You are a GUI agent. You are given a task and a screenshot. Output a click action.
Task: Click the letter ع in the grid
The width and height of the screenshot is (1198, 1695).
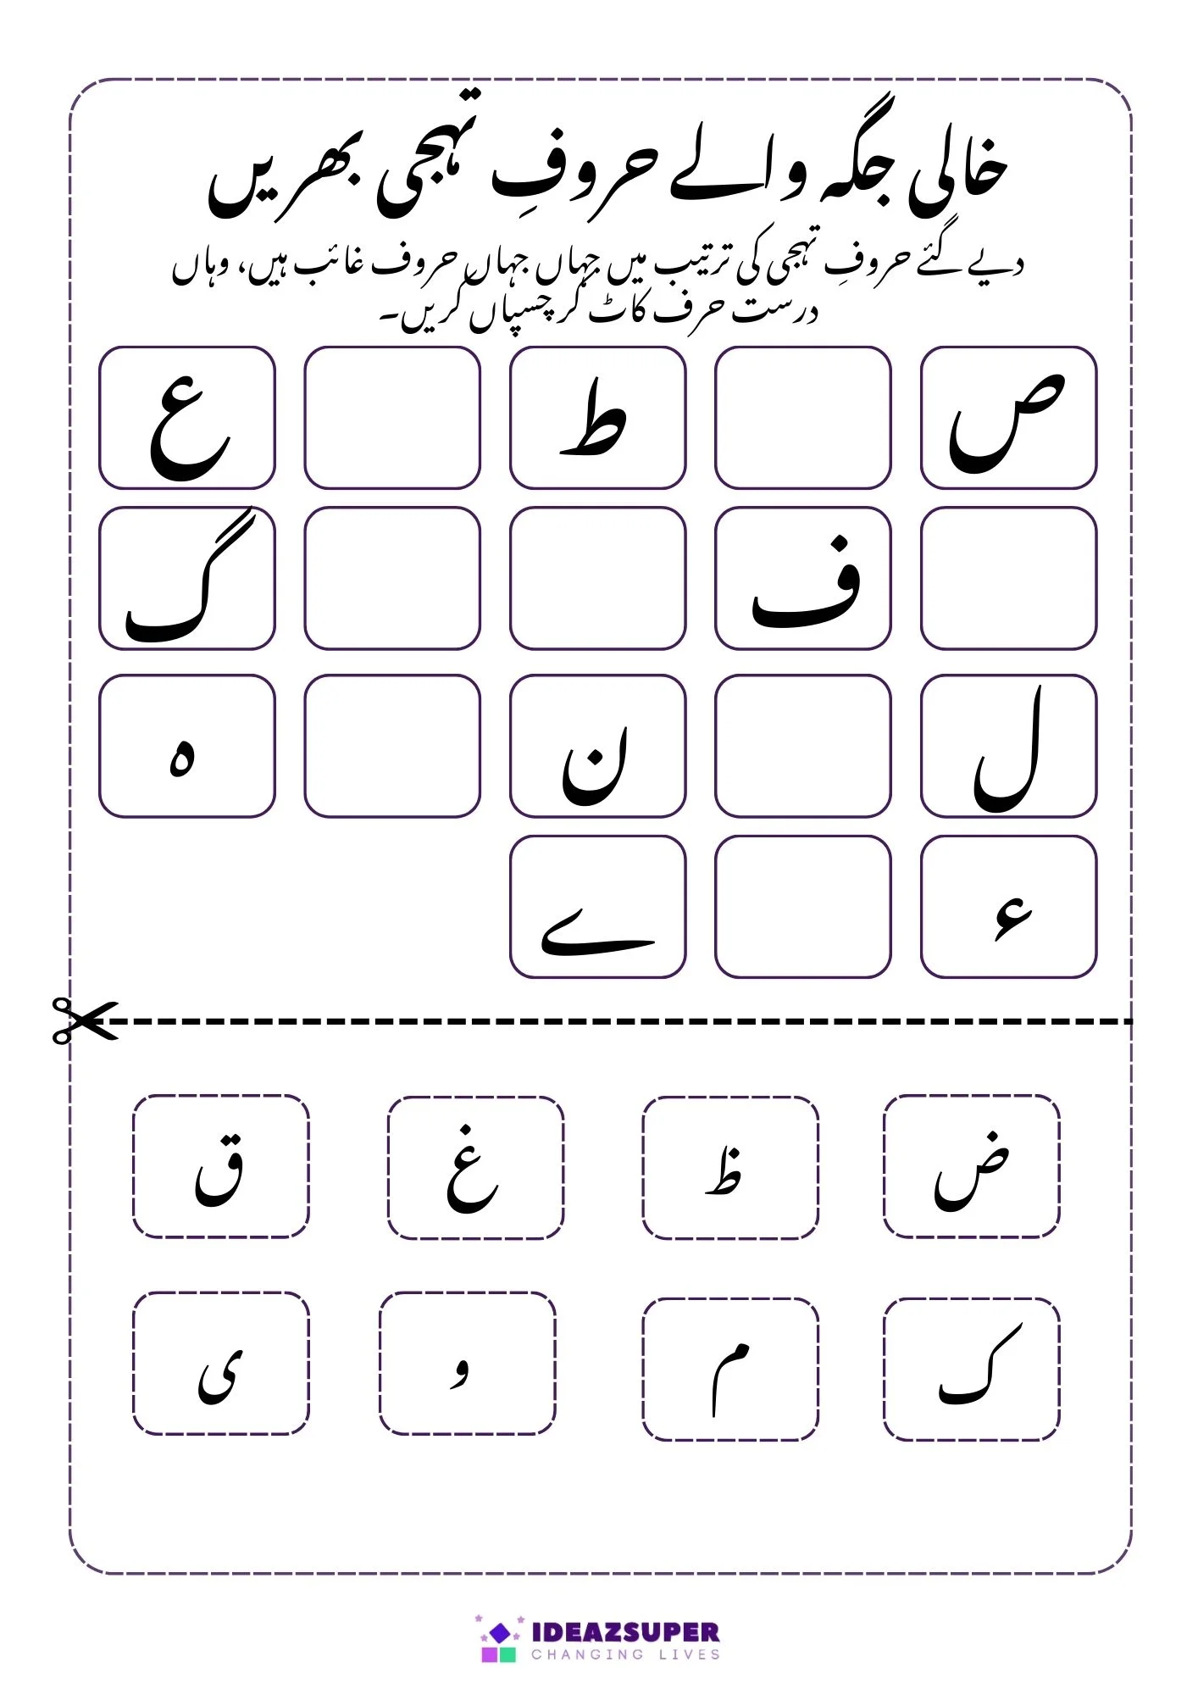188,421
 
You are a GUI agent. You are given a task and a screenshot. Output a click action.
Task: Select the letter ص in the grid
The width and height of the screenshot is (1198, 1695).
1007,421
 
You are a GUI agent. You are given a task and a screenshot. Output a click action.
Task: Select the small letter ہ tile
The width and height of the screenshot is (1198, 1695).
182,757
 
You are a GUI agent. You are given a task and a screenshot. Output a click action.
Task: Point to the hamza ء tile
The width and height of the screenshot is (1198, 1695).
1013,919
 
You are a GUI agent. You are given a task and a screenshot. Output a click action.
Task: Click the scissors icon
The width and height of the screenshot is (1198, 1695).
83,1020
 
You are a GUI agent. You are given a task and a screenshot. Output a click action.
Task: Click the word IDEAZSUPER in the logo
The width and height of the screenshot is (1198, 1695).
625,1632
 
